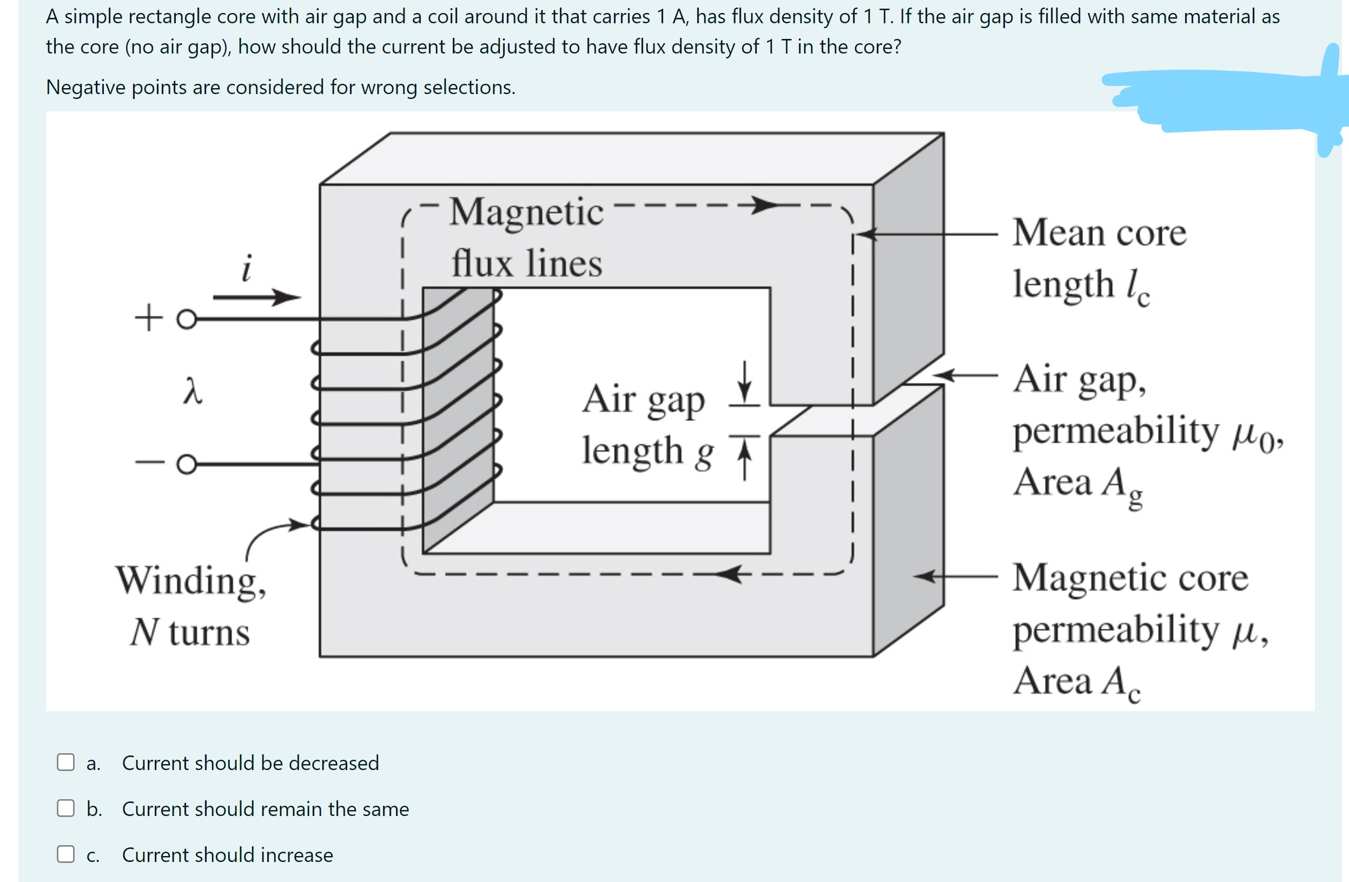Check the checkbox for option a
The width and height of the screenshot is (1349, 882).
click(x=66, y=762)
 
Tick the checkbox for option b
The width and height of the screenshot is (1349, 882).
click(x=66, y=808)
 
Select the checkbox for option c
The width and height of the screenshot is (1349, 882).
click(x=66, y=854)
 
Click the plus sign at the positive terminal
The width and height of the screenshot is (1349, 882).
click(x=149, y=317)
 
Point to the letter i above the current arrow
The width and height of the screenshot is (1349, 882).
click(x=247, y=268)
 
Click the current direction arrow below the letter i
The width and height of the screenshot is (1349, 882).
click(x=256, y=296)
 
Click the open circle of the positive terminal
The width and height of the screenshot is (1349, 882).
click(x=187, y=319)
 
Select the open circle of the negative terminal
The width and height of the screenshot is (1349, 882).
click(x=187, y=464)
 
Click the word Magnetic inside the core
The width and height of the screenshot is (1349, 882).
click(x=526, y=213)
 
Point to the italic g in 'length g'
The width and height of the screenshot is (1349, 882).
click(x=704, y=454)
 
